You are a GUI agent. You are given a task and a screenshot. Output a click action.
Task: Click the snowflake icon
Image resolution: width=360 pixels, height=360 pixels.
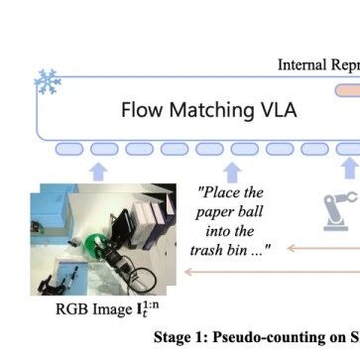[48, 81]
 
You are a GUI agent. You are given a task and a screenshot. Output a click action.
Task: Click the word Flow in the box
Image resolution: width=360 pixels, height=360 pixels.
[142, 110]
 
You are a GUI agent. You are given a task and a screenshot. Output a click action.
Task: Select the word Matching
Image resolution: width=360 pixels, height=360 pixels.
[211, 111]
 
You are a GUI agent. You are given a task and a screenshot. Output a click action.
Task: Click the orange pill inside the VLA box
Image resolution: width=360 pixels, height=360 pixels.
[348, 90]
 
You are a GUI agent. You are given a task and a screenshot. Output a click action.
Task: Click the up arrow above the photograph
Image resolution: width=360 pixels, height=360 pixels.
[98, 172]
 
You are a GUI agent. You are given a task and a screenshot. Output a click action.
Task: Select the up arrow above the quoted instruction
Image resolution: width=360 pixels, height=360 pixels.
[232, 173]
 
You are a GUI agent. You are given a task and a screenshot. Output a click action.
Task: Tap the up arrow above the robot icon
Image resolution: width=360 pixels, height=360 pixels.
[350, 168]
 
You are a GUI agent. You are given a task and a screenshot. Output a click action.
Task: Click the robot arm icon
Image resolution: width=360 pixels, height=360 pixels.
[340, 211]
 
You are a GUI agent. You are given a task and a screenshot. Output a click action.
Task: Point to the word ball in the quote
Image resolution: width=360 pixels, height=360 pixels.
[251, 211]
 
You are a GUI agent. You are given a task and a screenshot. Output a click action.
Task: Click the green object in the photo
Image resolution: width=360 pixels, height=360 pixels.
[95, 246]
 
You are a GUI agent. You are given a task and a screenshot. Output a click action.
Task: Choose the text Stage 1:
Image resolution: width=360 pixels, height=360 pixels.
[180, 337]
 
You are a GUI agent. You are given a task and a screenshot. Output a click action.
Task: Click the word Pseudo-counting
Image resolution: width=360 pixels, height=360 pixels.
[264, 337]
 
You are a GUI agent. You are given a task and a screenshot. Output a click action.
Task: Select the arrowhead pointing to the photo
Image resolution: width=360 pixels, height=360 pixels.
[187, 272]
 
